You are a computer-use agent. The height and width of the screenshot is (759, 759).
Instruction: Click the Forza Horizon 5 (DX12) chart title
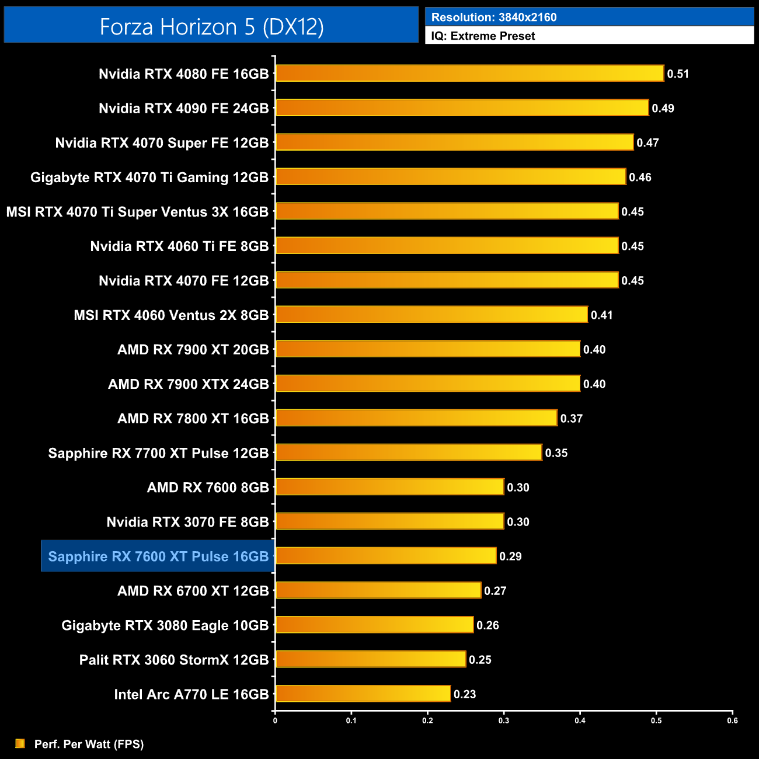point(211,27)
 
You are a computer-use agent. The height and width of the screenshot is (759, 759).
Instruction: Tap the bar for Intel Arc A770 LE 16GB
point(363,694)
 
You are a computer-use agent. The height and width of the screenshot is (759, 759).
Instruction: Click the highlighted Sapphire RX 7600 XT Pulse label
point(158,556)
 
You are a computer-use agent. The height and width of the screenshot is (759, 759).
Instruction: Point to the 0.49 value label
point(663,109)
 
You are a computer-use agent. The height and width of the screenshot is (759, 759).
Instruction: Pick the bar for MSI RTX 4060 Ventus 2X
point(431,315)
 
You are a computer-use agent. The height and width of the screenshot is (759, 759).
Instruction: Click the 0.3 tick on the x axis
point(504,720)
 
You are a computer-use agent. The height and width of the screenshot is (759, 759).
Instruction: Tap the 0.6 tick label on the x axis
point(732,720)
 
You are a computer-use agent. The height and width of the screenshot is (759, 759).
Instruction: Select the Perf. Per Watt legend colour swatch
point(20,743)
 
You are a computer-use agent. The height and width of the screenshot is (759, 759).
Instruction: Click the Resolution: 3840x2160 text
point(494,18)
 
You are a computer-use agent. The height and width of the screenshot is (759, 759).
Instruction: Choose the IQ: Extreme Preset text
point(483,36)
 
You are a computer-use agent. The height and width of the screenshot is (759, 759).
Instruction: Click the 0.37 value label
point(571,419)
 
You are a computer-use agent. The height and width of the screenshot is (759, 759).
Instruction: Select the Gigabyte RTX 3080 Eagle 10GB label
point(165,625)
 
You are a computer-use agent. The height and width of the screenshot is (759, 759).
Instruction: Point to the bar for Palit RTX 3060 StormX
point(371,659)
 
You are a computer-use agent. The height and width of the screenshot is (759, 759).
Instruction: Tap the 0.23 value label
point(465,694)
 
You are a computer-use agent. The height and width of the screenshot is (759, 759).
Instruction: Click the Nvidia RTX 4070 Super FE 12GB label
point(162,143)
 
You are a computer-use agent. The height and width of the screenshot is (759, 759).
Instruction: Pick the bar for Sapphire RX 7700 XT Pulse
point(409,452)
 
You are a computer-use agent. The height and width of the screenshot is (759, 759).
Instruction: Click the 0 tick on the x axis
point(275,720)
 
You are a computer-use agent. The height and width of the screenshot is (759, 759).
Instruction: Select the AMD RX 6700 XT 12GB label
point(193,591)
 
